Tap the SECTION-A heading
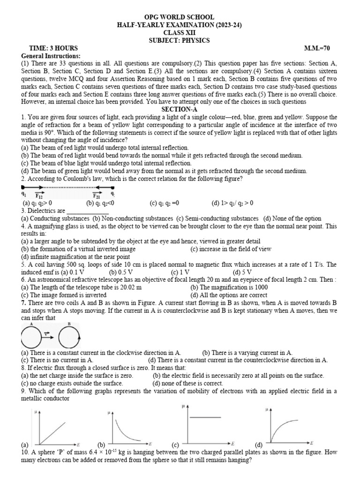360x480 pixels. pos(180,109)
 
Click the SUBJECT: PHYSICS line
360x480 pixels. pos(180,41)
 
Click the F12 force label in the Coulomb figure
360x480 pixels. pos(39,195)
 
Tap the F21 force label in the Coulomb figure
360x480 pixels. pos(97,195)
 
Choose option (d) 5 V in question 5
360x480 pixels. pos(242,272)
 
